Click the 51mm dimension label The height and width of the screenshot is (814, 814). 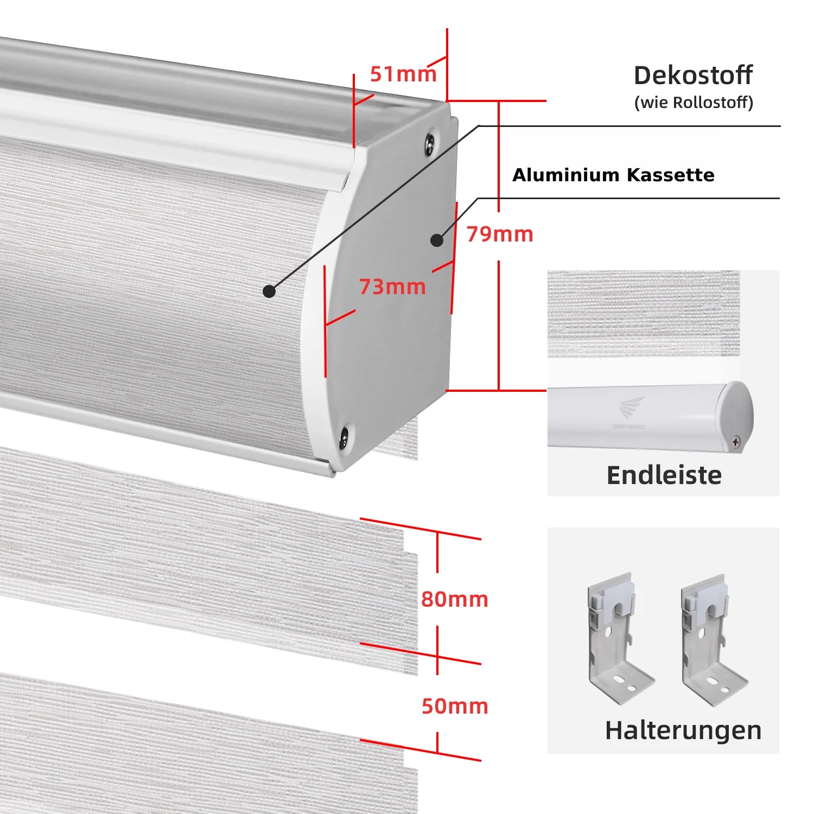[403, 74]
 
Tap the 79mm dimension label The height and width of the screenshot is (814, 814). [500, 234]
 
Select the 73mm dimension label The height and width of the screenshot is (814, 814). [392, 287]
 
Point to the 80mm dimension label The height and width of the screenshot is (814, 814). [455, 599]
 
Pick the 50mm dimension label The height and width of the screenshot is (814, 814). [455, 706]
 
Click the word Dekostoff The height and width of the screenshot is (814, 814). [693, 75]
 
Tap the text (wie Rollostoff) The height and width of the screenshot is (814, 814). [694, 103]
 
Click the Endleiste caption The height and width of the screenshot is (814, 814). [664, 475]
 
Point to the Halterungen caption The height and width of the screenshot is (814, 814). [683, 730]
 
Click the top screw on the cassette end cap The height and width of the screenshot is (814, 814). [430, 141]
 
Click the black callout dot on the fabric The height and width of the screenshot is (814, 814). [269, 291]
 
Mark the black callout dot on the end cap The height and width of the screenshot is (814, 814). [437, 240]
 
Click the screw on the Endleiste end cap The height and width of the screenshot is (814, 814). [736, 442]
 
